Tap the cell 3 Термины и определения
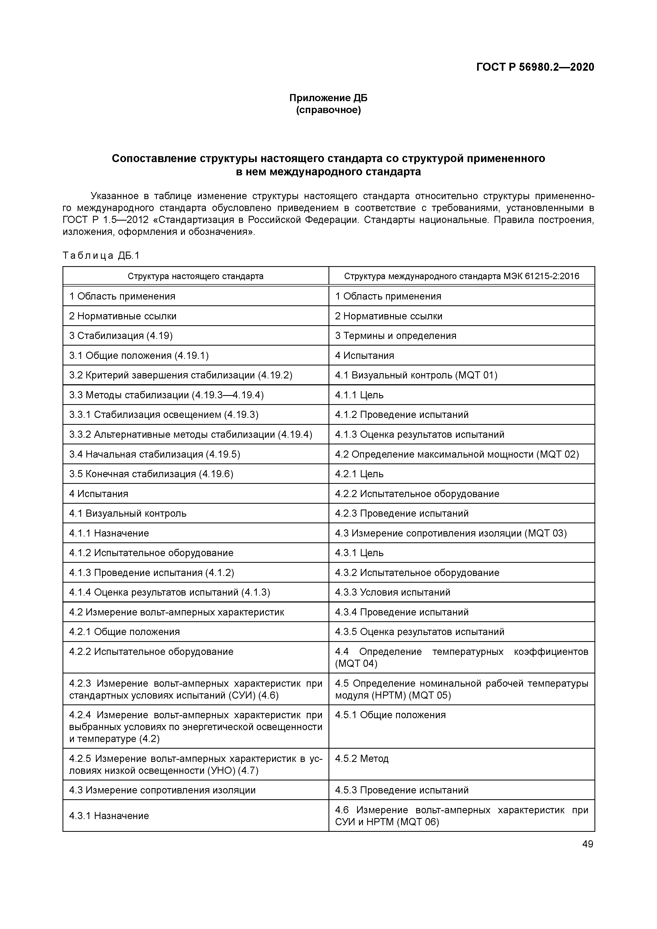click(x=396, y=336)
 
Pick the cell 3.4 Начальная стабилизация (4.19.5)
click(x=155, y=454)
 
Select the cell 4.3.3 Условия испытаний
click(x=393, y=592)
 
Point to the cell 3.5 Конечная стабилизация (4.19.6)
click(x=151, y=474)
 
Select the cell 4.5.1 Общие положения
click(x=390, y=715)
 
